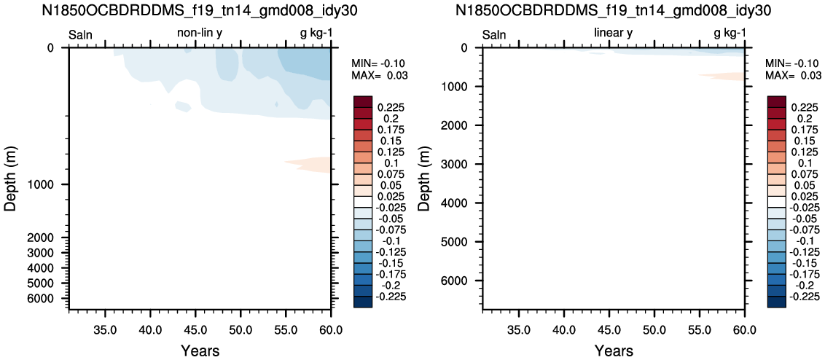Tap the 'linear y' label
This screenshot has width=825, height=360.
(x=613, y=34)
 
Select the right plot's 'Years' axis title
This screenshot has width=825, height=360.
(x=614, y=351)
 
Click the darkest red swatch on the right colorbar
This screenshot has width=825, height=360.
(x=777, y=101)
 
